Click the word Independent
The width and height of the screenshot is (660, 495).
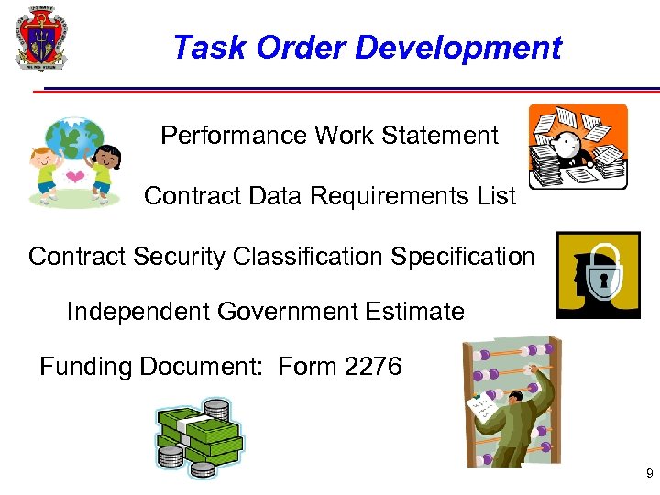(x=138, y=312)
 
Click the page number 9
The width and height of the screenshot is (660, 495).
(x=649, y=474)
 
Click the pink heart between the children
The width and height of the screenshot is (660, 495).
(x=77, y=177)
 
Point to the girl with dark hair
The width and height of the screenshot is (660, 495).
(x=104, y=170)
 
